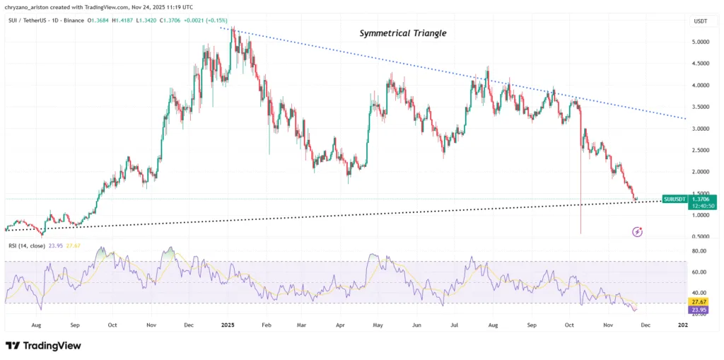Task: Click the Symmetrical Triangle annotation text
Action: click(403, 33)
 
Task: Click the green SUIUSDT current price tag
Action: click(690, 202)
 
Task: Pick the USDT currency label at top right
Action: click(699, 22)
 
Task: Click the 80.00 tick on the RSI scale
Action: click(699, 251)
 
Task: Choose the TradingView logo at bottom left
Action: click(44, 345)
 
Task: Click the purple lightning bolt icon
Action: click(638, 231)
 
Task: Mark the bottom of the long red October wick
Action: click(581, 233)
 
